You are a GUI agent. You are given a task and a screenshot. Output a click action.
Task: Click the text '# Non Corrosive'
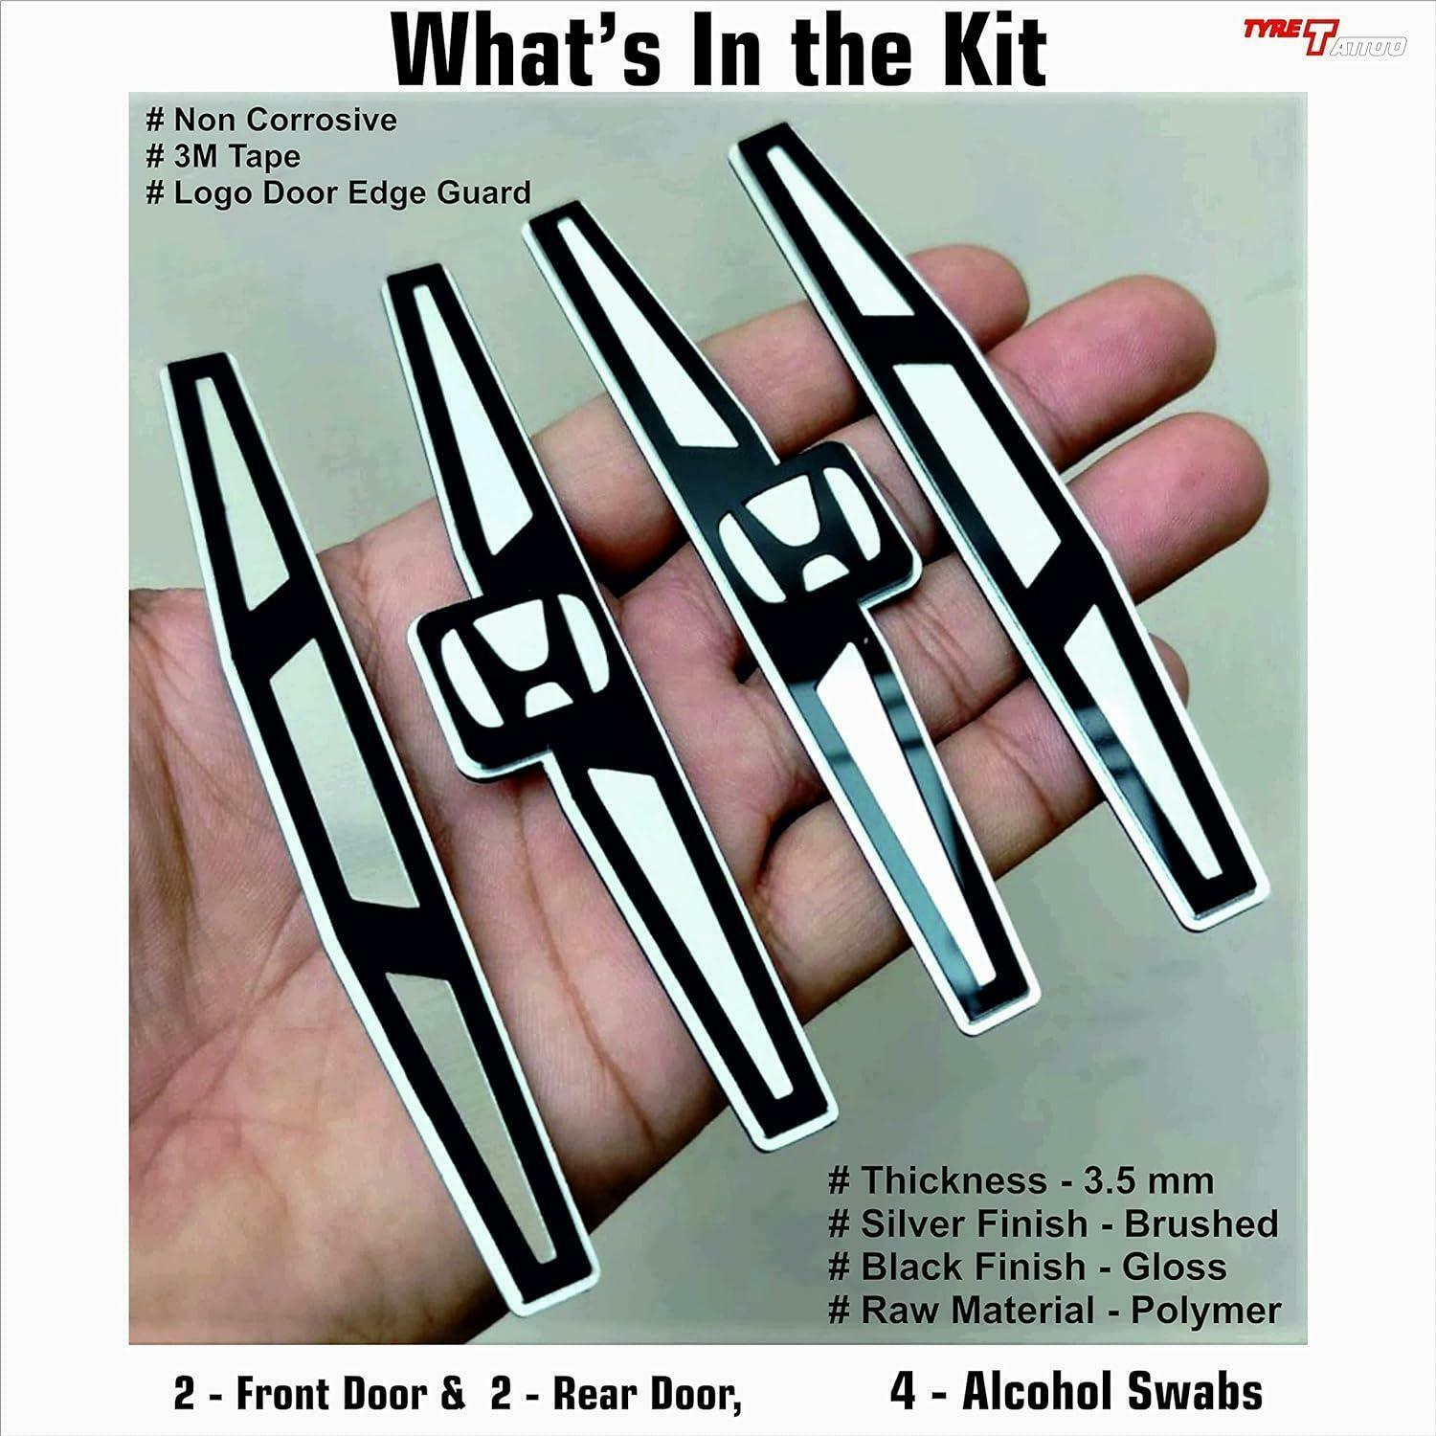coord(270,120)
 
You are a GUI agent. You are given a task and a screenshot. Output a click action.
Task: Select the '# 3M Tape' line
coord(221,156)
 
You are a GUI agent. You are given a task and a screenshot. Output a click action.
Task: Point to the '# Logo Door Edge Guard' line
coord(337,192)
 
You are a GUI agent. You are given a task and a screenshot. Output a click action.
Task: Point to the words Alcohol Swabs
coord(1111,1391)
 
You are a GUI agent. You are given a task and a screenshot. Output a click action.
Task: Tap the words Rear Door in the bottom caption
coord(644,1395)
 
